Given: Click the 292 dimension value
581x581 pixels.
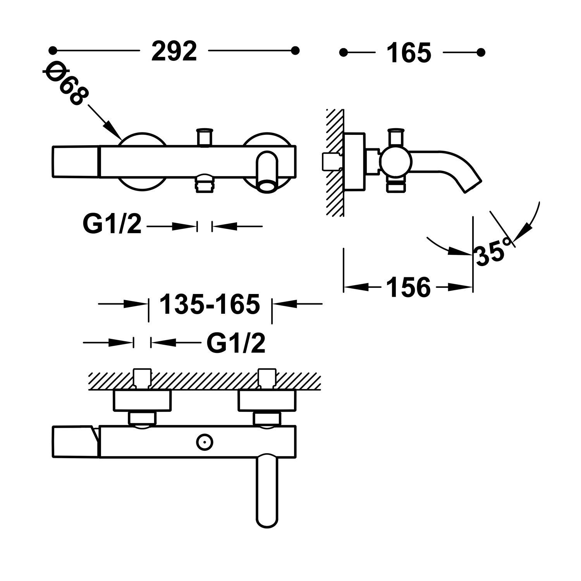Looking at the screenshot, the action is (174, 51).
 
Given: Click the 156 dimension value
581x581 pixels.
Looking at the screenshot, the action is (408, 287).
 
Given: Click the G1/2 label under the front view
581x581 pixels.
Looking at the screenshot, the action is (112, 224).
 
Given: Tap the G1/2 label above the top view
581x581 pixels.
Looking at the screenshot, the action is (236, 343).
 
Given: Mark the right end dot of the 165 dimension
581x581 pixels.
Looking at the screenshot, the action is (481, 52).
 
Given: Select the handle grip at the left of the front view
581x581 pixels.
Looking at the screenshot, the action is (76, 162).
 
